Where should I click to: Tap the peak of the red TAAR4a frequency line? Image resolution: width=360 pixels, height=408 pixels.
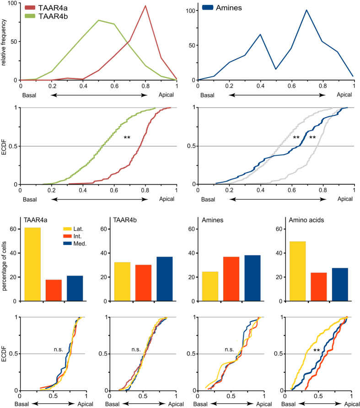click(x=145, y=6)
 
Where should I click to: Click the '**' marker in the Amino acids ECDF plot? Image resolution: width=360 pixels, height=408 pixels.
click(x=316, y=351)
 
